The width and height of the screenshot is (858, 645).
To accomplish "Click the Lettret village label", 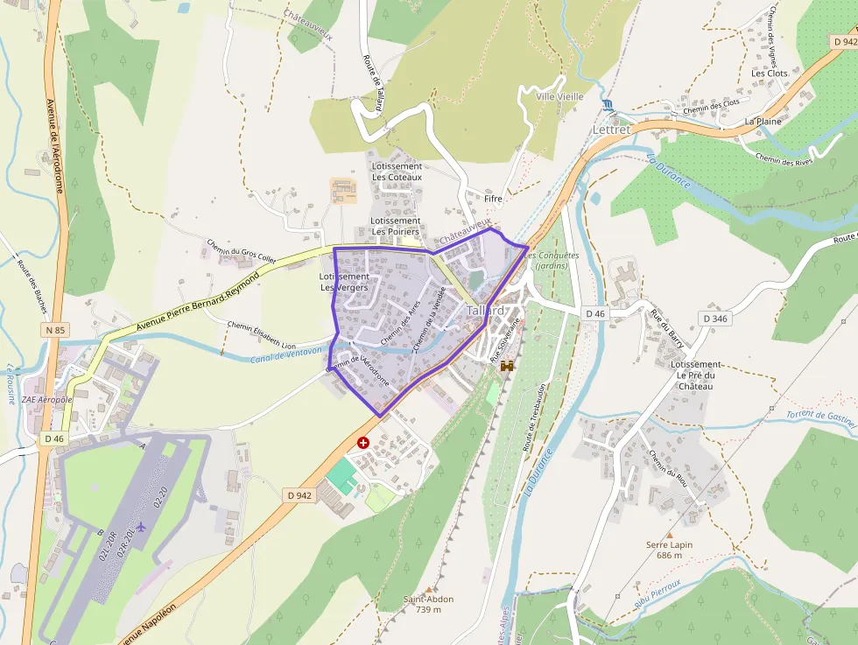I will [x=611, y=129].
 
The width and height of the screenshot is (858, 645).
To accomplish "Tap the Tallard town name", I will [x=485, y=311].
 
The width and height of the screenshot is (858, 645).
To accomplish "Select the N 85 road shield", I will [x=54, y=330].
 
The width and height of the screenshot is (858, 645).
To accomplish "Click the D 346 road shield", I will [x=714, y=319].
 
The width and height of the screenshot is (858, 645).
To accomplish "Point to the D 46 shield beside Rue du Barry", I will [x=594, y=313].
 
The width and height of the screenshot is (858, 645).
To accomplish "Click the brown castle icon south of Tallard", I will [x=506, y=367].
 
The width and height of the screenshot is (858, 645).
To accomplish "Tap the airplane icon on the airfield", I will [x=141, y=527].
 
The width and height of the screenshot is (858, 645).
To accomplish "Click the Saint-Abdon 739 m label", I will [x=428, y=604].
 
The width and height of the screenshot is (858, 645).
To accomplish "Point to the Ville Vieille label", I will [x=559, y=96].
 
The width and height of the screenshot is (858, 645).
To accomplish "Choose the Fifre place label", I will [x=493, y=199].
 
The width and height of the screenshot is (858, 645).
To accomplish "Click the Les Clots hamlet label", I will [x=770, y=74].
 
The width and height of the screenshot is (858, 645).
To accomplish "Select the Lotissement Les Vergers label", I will [x=344, y=282].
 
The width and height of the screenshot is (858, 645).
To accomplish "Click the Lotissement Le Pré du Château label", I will [x=695, y=375].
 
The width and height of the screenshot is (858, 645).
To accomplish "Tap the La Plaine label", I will [x=763, y=121].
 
